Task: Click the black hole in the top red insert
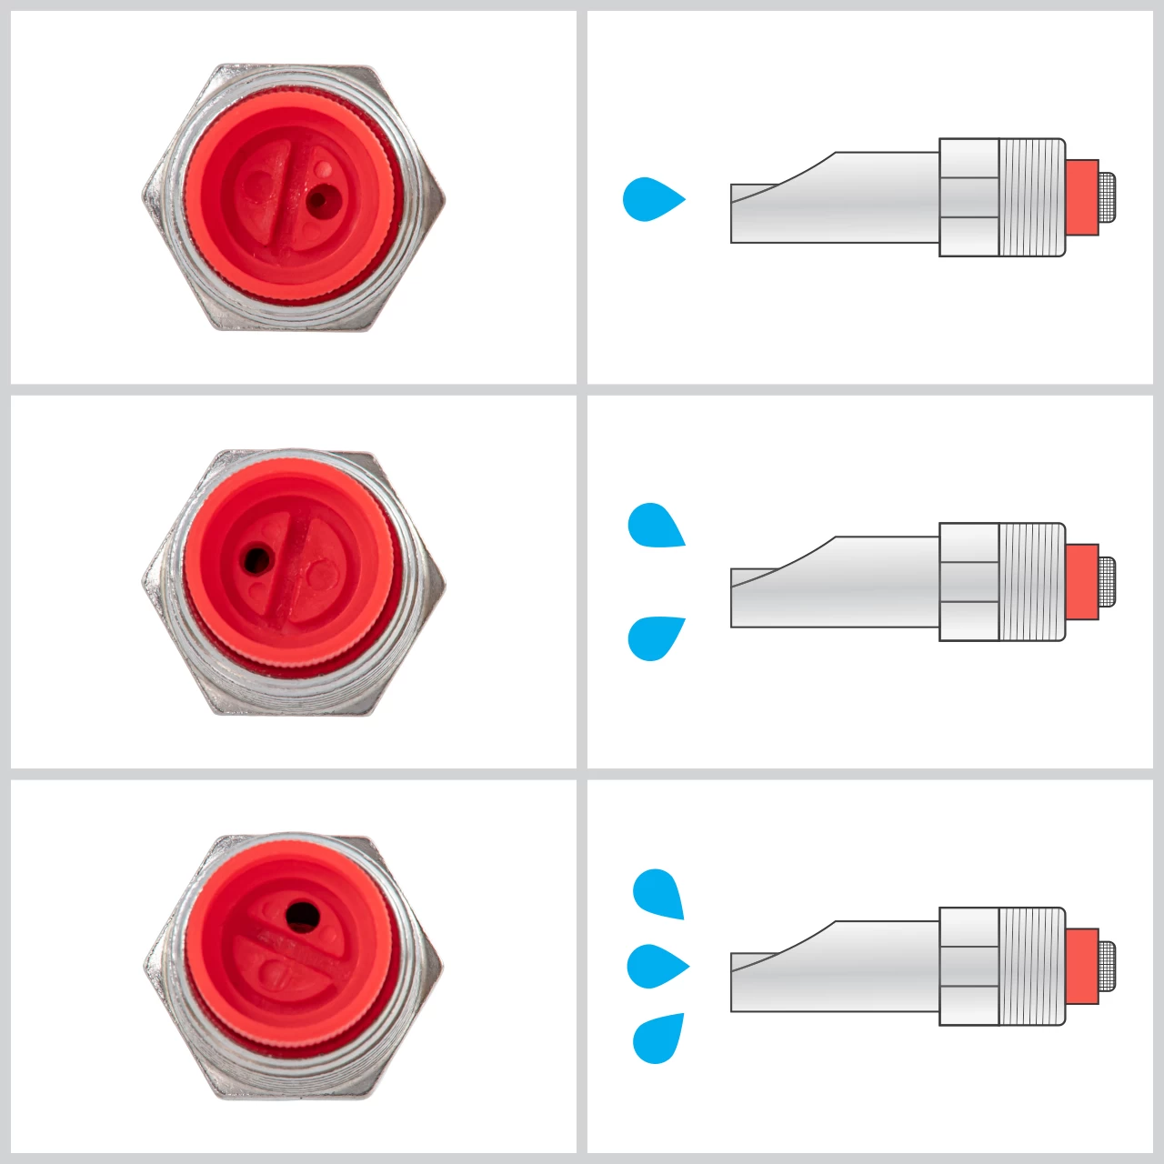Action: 317,199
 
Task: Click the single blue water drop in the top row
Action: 649,199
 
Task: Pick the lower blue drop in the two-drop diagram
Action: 655,637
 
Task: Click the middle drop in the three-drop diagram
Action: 655,966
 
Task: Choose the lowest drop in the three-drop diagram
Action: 657,1038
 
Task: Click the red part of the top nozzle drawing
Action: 1081,197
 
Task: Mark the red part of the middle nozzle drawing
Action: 1081,582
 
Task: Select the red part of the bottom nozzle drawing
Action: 1081,966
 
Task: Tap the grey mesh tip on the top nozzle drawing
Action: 1107,197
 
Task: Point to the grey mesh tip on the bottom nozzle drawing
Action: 1107,966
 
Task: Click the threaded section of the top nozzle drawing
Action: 1031,197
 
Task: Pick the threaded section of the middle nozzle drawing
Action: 1031,582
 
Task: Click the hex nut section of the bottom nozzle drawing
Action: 968,966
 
